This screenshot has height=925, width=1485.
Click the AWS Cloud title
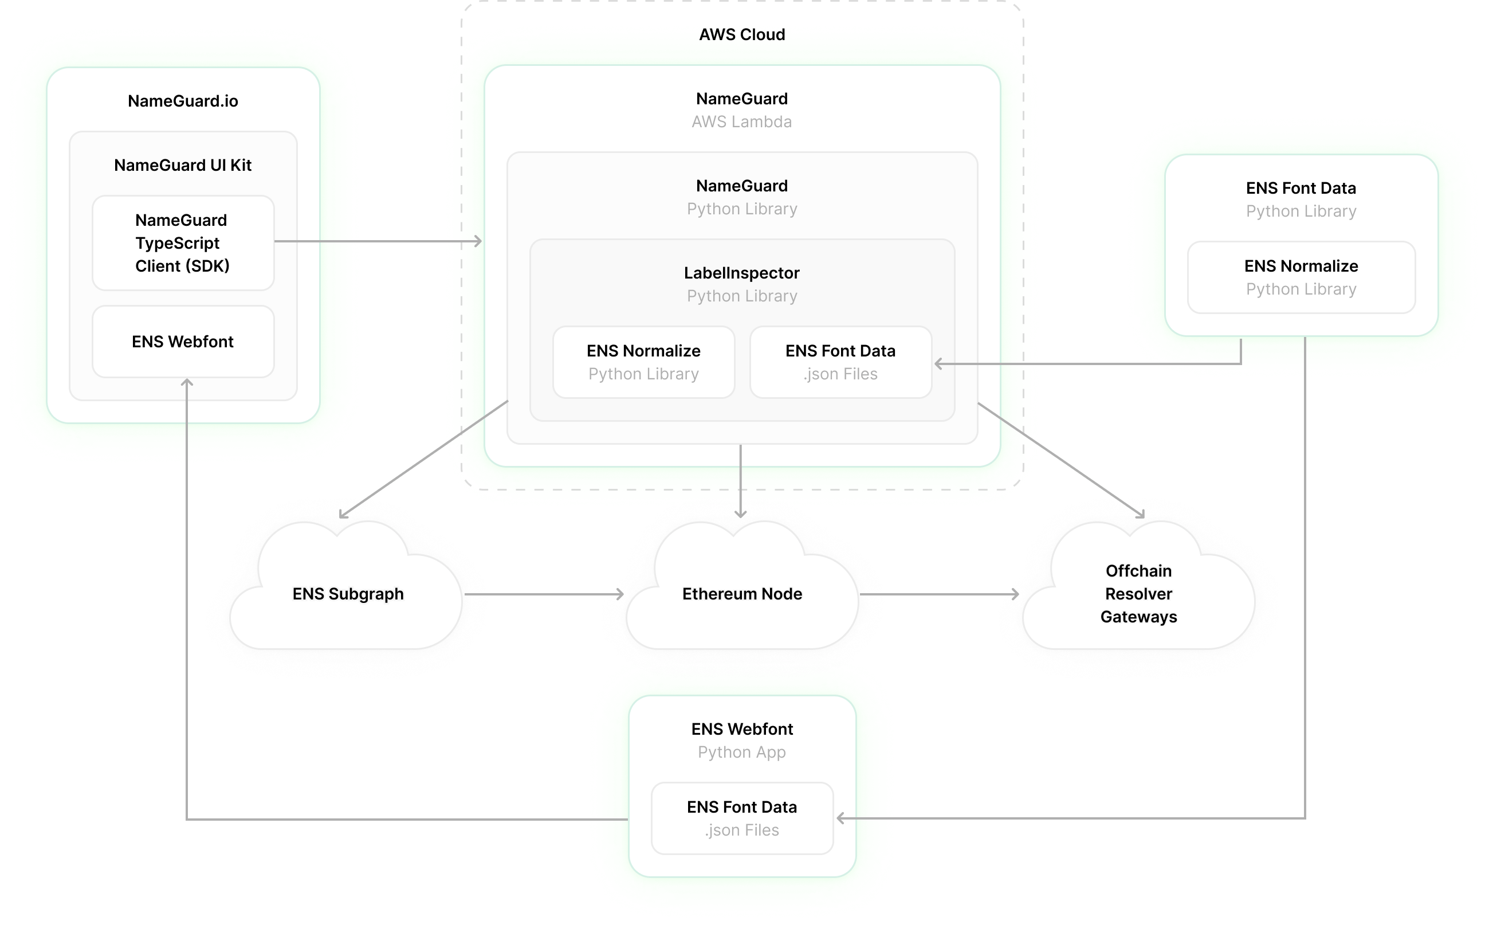coord(742,35)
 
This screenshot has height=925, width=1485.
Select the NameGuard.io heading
coord(183,101)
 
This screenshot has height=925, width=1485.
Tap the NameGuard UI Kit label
coord(183,165)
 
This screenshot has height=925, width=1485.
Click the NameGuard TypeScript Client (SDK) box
coord(183,243)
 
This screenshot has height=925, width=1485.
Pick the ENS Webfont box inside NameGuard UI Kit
coord(183,342)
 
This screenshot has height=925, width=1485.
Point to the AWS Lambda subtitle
coord(741,121)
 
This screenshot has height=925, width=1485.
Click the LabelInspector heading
coord(741,273)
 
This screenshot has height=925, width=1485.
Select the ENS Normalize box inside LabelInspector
coord(643,362)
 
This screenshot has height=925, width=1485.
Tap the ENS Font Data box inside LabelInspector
coord(840,362)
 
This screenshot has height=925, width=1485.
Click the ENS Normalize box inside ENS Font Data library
coord(1301,277)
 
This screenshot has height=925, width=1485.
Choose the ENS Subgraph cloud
coord(347,593)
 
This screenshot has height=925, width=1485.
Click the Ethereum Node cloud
coord(742,593)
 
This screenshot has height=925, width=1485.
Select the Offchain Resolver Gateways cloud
coord(1138,593)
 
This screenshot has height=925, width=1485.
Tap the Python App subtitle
coord(741,752)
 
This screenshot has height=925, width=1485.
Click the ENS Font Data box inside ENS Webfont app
coord(742,818)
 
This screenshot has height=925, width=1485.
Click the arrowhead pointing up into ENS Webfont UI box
coord(187,382)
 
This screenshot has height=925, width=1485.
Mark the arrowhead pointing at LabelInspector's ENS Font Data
coord(938,364)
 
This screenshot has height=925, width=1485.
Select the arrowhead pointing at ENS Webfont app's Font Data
coord(840,818)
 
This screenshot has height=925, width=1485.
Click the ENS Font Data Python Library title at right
coord(1301,189)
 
